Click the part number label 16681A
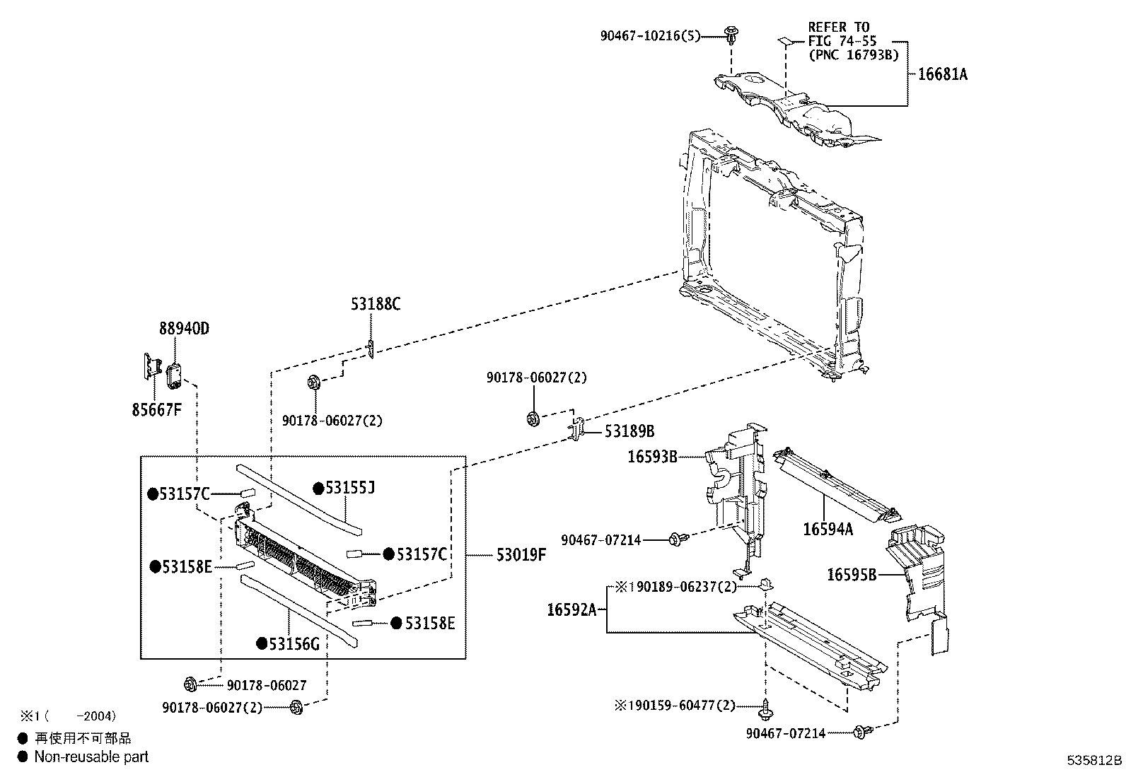[943, 74]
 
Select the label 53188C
[376, 304]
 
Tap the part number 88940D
[184, 328]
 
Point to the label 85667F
[156, 409]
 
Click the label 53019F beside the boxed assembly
[521, 555]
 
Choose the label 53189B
[629, 431]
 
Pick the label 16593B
[653, 456]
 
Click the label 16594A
[828, 530]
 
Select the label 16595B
[852, 575]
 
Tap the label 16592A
[571, 609]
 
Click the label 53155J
[350, 488]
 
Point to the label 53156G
[294, 644]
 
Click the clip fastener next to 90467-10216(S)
[731, 35]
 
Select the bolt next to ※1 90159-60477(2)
[765, 709]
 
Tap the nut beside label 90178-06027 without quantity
[190, 684]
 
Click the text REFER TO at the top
[838, 27]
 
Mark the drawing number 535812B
[1094, 761]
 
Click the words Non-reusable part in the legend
[91, 756]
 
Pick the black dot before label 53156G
[262, 643]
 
